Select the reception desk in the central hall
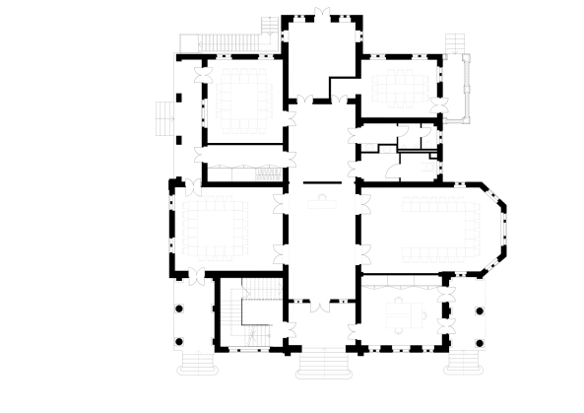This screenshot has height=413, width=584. click(x=321, y=201)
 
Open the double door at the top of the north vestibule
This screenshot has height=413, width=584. click(x=321, y=17)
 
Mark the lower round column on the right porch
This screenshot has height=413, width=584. click(x=480, y=341)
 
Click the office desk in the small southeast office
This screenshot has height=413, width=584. click(x=404, y=313)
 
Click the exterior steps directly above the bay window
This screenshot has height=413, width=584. click(x=456, y=45)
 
